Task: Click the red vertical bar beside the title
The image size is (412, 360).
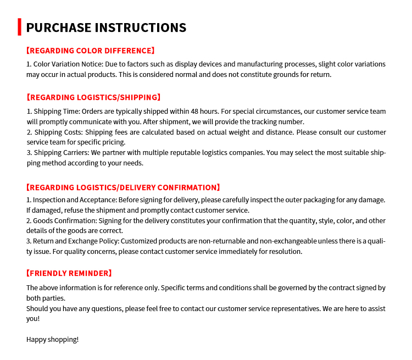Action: click(x=19, y=27)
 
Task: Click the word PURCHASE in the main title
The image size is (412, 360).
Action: click(x=58, y=27)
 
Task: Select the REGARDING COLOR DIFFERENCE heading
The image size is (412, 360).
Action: click(x=91, y=51)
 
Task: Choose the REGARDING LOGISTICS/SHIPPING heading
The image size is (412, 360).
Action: click(x=93, y=97)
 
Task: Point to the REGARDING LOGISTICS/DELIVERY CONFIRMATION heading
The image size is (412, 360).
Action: click(x=123, y=187)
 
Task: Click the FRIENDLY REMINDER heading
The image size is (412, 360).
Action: click(x=69, y=273)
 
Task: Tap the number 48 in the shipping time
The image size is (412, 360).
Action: click(x=208, y=111)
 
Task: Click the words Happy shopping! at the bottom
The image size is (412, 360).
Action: click(x=53, y=339)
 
